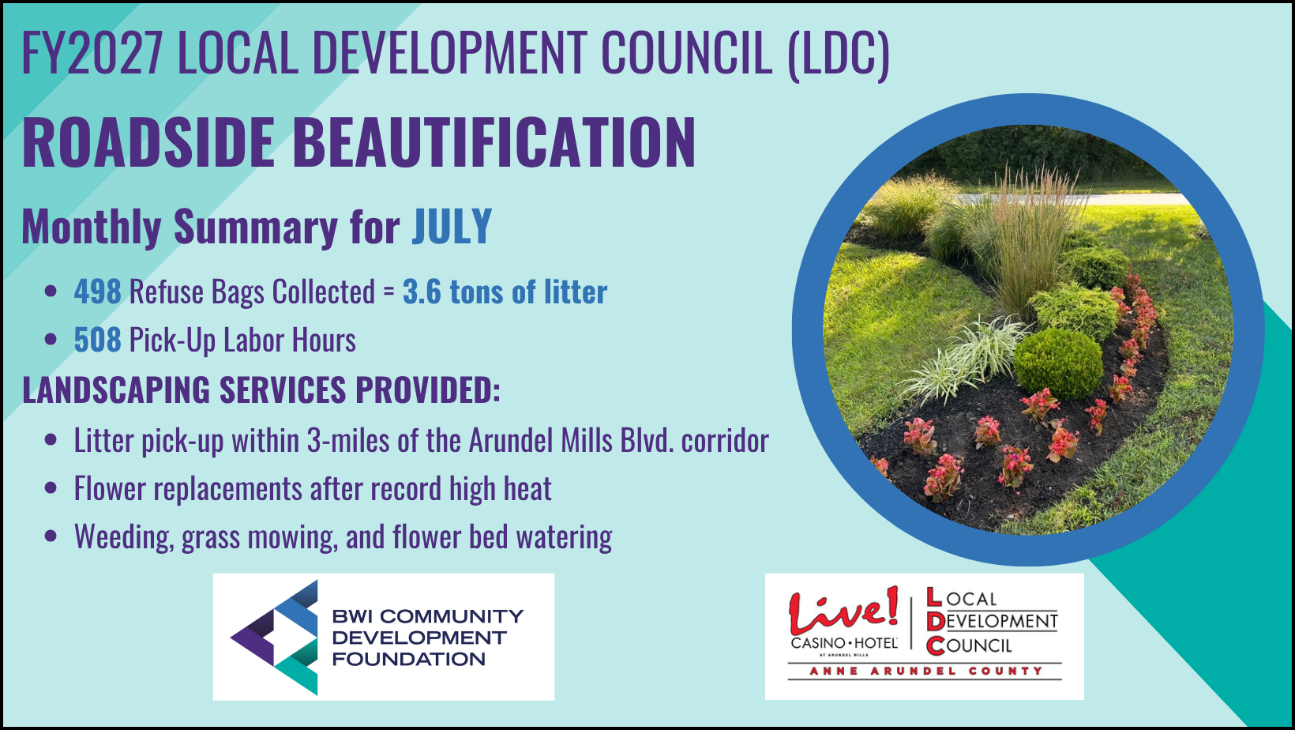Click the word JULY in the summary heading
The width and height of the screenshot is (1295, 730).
(x=452, y=227)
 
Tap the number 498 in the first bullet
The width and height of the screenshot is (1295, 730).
(x=98, y=291)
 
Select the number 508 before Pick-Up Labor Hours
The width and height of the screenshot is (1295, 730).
(x=98, y=339)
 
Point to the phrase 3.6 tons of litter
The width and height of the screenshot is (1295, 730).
(x=505, y=291)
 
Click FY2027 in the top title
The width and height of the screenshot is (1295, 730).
(x=92, y=53)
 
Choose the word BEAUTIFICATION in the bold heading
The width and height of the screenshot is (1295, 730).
(x=494, y=142)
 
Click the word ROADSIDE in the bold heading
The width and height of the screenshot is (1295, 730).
(x=148, y=142)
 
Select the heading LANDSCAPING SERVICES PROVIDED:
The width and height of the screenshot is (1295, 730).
(x=261, y=389)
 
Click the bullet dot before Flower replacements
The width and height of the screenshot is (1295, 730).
(x=51, y=487)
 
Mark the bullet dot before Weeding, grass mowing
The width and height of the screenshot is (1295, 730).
(x=51, y=536)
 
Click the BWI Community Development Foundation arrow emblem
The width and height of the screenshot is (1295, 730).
(x=275, y=638)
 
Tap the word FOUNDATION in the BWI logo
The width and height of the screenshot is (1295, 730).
(x=409, y=659)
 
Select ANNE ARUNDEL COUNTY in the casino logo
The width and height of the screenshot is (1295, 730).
(x=925, y=671)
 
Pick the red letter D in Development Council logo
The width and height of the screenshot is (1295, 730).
(x=935, y=621)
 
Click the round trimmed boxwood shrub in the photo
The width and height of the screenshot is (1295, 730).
(x=1058, y=363)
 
